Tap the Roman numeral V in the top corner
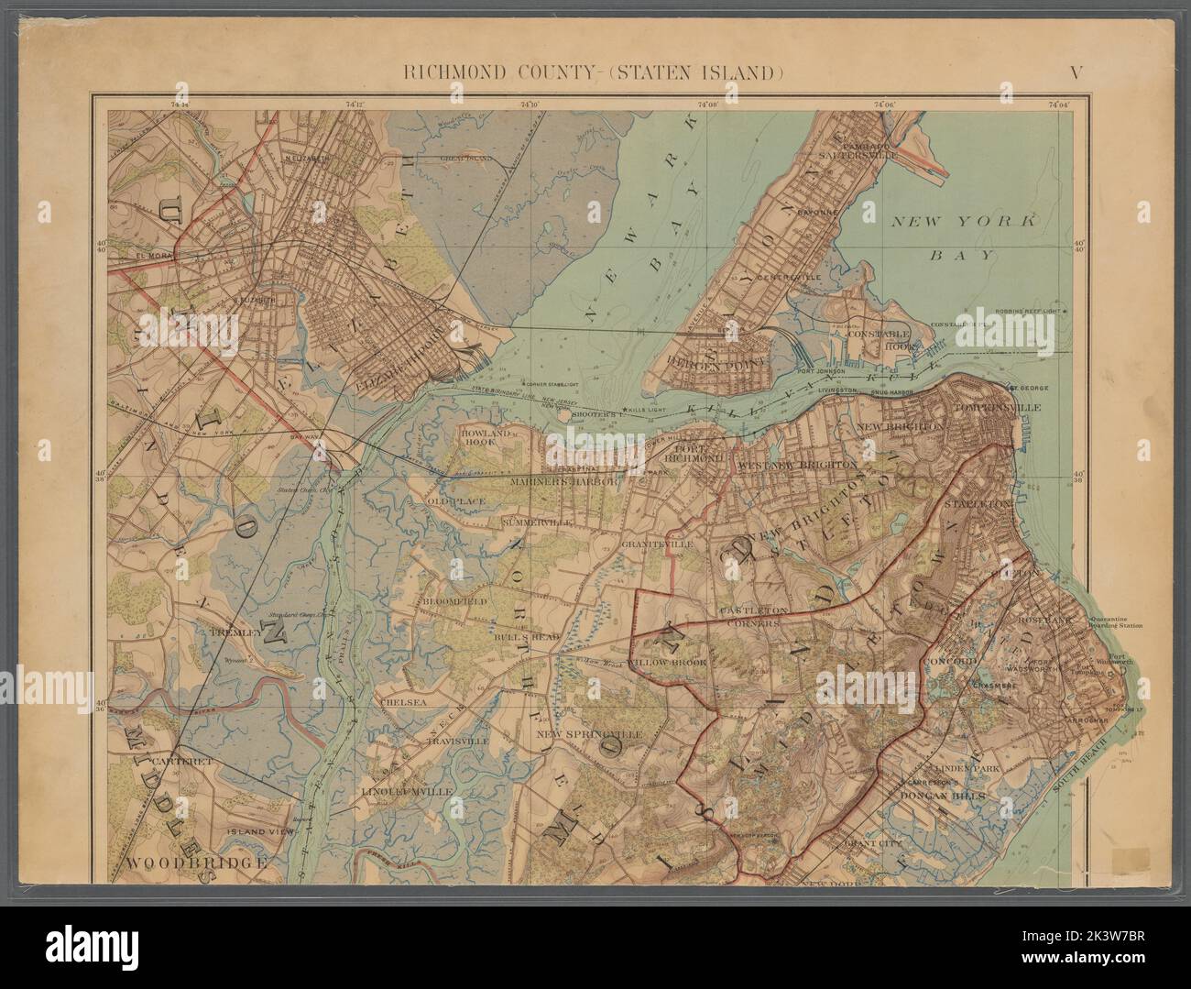click(1079, 72)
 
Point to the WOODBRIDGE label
click(196, 863)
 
